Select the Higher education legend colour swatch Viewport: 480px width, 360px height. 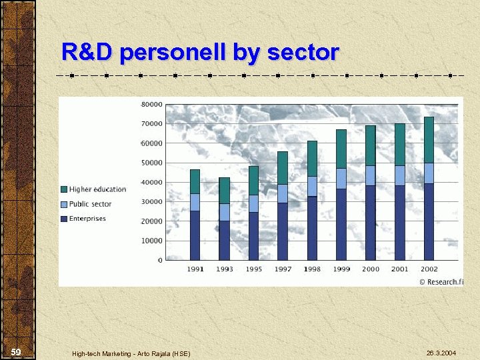(x=64, y=189)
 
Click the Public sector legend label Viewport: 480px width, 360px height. (x=90, y=204)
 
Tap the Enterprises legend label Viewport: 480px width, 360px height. (x=87, y=219)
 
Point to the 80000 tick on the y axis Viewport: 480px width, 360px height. (x=151, y=105)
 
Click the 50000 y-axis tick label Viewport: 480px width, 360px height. (x=151, y=163)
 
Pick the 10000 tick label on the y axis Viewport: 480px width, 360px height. (x=151, y=241)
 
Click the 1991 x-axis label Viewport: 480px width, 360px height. (x=195, y=269)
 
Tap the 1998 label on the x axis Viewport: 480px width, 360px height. (x=312, y=269)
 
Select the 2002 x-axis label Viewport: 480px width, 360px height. (x=429, y=269)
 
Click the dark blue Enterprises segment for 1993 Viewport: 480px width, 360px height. (x=224, y=240)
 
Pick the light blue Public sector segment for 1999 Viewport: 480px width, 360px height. (x=341, y=178)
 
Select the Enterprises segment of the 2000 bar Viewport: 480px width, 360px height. (x=370, y=223)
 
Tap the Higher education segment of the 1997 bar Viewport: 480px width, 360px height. (x=283, y=168)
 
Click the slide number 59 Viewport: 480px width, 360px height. (x=16, y=352)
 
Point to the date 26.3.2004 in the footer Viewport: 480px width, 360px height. (x=441, y=353)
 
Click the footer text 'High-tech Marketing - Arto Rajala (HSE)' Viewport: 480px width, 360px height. (x=131, y=353)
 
